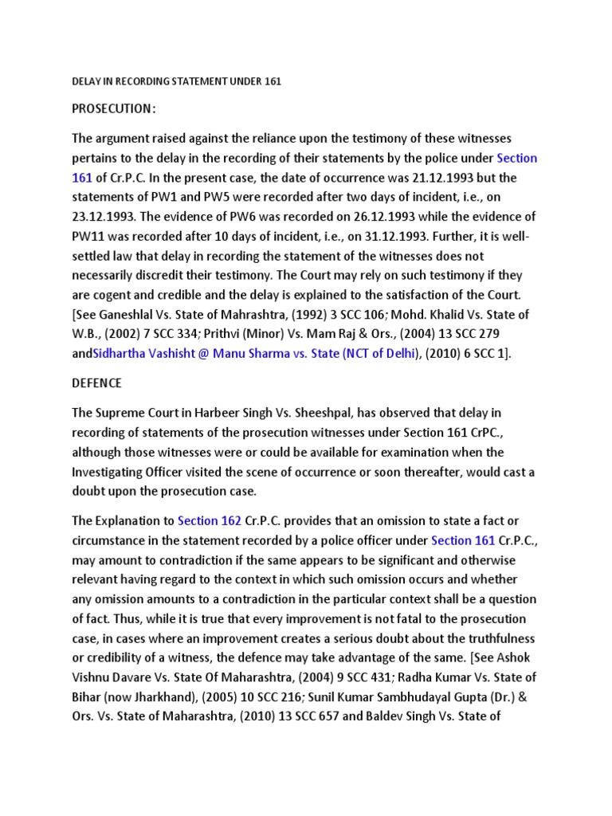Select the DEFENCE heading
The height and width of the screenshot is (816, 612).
click(97, 383)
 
